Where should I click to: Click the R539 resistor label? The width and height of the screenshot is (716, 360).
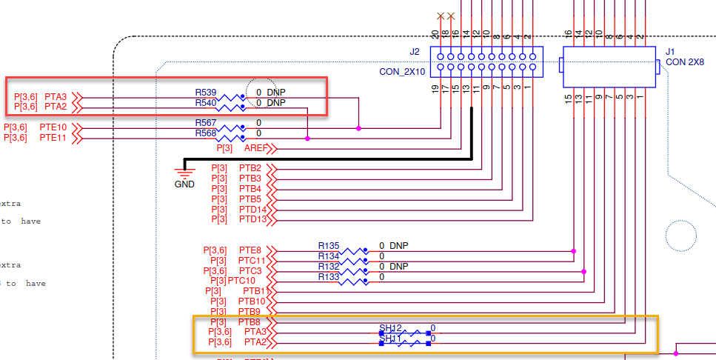tap(206, 92)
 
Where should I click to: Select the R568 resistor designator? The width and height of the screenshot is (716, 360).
tap(206, 133)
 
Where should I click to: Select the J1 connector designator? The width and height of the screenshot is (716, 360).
tap(670, 51)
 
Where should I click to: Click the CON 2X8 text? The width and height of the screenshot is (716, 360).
tap(685, 62)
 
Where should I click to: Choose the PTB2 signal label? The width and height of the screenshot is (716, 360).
tap(250, 168)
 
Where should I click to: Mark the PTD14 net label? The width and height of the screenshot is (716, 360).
tap(252, 210)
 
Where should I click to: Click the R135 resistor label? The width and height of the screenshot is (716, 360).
tap(329, 245)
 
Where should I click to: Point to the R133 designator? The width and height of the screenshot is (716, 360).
tap(329, 276)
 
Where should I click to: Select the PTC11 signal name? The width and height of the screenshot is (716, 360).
tap(252, 261)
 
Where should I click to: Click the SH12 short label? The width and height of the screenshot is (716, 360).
tap(390, 327)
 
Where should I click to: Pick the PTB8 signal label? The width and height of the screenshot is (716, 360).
tap(250, 322)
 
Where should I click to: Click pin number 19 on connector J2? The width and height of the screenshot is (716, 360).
tap(435, 90)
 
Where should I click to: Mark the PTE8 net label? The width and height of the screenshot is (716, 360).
tap(250, 250)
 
